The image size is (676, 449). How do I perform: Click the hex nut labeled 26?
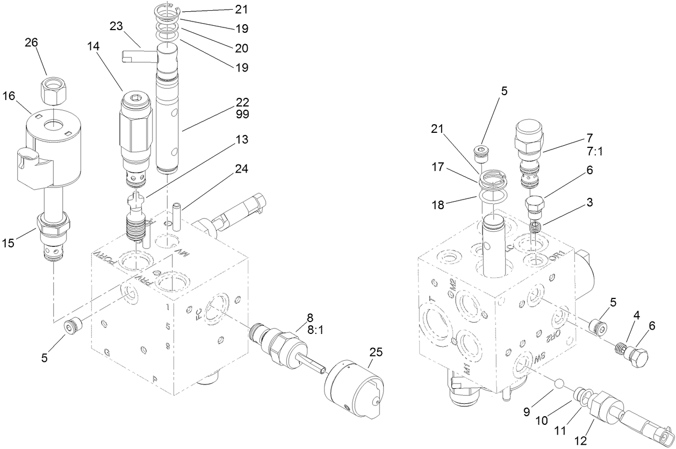click(53, 91)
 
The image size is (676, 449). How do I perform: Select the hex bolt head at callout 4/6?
click(638, 357)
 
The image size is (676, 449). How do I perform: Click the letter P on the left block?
click(155, 380)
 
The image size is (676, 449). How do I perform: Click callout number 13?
click(242, 140)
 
